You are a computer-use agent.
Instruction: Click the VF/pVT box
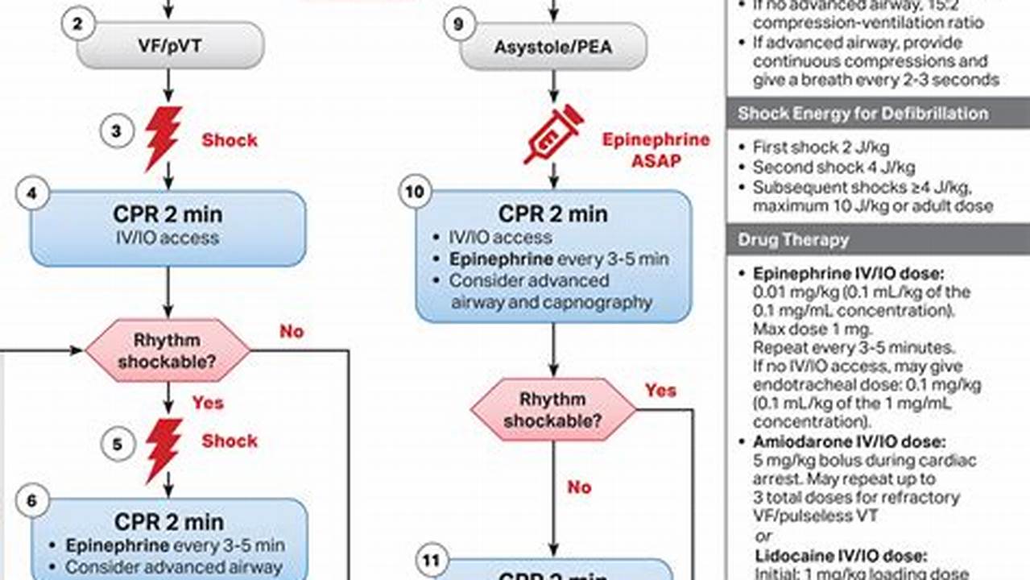170,46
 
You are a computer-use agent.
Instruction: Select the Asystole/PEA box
553,46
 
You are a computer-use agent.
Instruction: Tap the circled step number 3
117,131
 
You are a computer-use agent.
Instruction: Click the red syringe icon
553,134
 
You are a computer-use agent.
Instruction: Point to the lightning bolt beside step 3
163,138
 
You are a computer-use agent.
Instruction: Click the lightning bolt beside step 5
163,449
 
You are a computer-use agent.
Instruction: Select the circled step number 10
416,193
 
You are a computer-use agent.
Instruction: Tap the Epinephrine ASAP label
656,150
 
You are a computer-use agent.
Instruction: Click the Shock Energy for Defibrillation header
862,113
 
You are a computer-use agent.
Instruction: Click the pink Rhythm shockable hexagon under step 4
168,350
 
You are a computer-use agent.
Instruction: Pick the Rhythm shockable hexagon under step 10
553,410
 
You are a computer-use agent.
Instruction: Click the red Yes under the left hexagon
207,401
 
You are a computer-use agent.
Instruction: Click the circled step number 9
459,23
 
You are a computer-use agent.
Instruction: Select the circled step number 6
32,501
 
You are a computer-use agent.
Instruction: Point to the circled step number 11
432,561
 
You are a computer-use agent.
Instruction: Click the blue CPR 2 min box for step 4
168,228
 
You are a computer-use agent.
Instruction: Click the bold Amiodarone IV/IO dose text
849,441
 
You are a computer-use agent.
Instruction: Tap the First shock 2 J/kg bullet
821,147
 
